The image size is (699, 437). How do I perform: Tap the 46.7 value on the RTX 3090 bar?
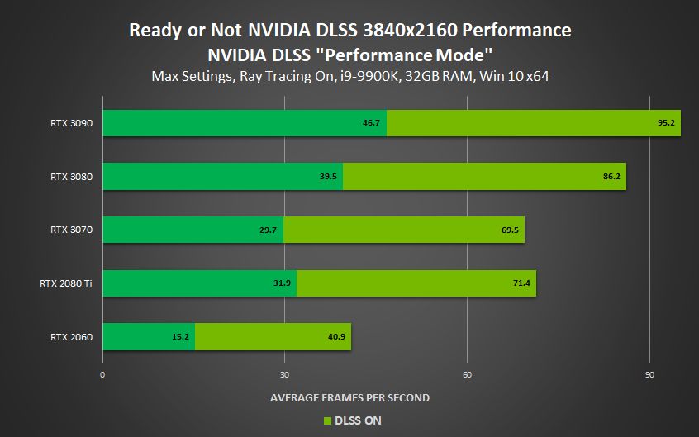[371, 123]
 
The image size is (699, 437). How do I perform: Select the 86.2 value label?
[611, 177]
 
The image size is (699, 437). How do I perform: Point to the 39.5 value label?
[327, 177]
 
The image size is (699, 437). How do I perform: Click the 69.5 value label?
[509, 230]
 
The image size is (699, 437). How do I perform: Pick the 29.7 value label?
[268, 230]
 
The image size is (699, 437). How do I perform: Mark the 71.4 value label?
[521, 283]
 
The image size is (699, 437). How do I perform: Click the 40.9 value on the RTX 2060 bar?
[335, 337]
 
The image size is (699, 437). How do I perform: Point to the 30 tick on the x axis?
[284, 374]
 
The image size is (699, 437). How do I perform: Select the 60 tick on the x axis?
[467, 374]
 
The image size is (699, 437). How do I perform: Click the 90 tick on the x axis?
[649, 374]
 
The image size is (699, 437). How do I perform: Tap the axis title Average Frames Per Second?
[349, 398]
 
